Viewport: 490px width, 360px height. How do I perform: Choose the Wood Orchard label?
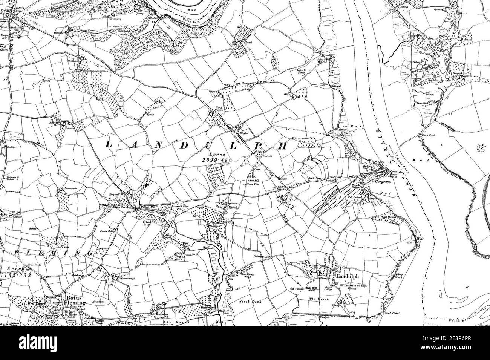tap(388, 217)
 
